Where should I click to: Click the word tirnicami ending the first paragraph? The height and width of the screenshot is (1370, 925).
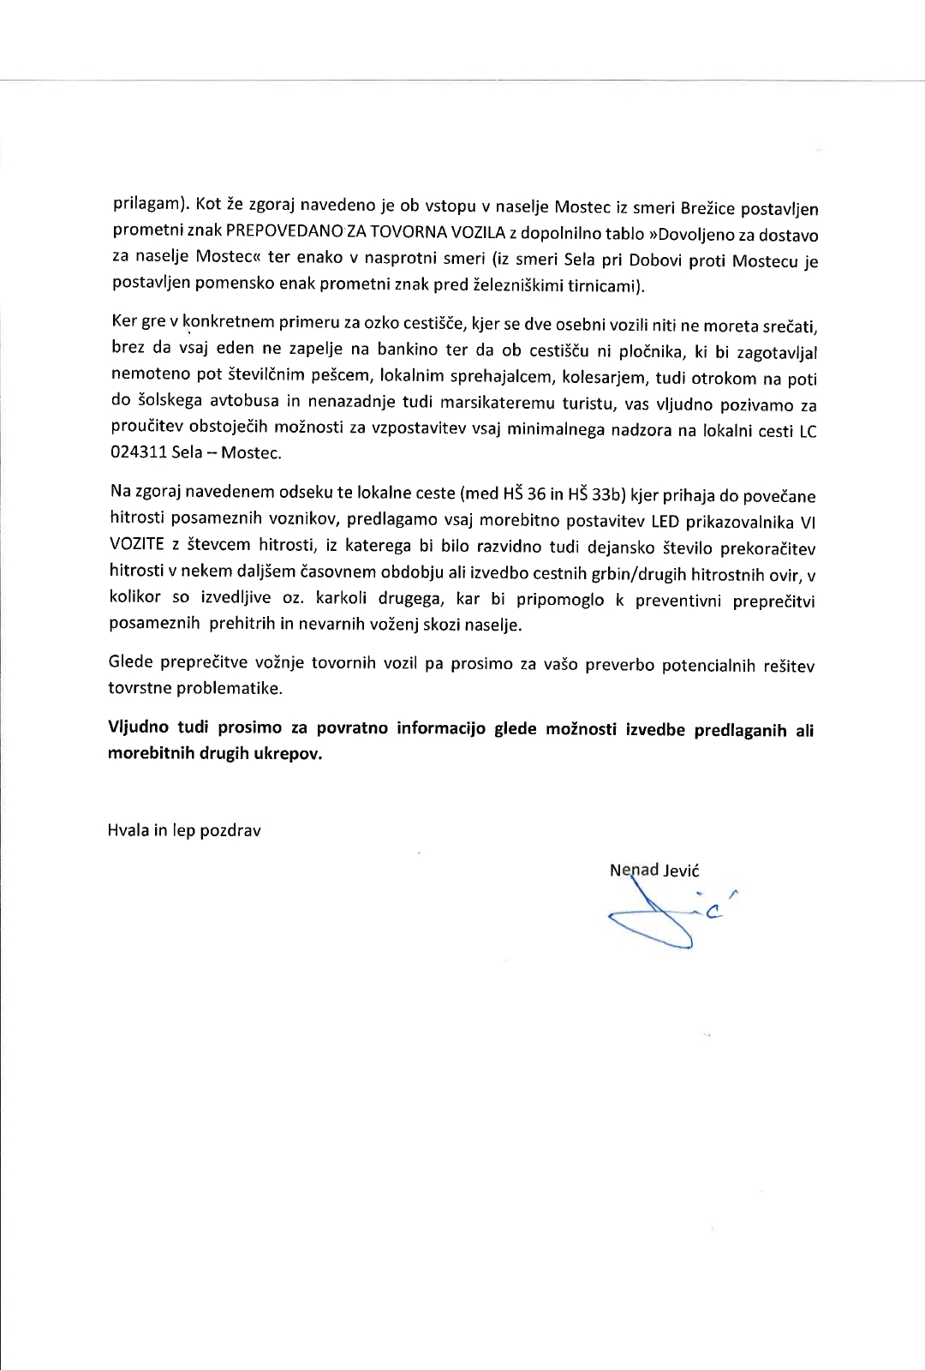point(603,284)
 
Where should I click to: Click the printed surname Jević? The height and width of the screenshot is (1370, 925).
point(681,871)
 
